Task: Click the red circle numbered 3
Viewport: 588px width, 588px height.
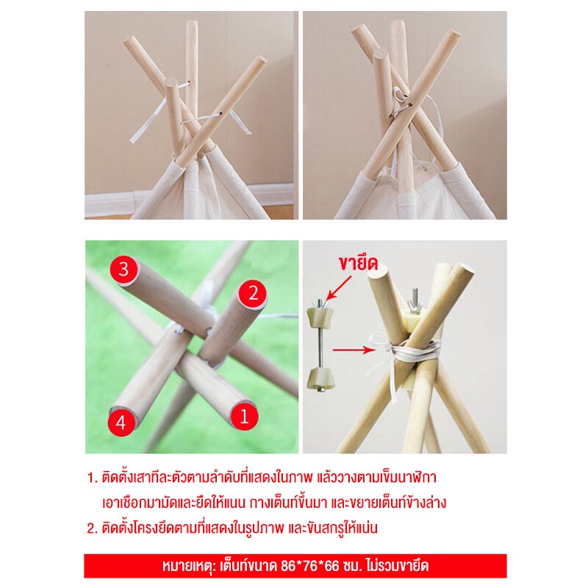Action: (x=123, y=269)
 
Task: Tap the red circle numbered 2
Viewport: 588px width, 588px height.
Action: (x=253, y=293)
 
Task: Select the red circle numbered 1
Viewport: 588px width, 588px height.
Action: (x=244, y=416)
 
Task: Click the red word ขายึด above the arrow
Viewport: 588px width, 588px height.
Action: (x=358, y=263)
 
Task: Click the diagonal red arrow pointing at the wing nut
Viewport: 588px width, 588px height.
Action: (x=339, y=288)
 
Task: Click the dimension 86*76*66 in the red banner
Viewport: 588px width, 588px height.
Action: (x=310, y=565)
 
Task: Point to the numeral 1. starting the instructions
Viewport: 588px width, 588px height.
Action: (x=93, y=478)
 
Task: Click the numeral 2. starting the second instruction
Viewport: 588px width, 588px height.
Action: (x=93, y=528)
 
